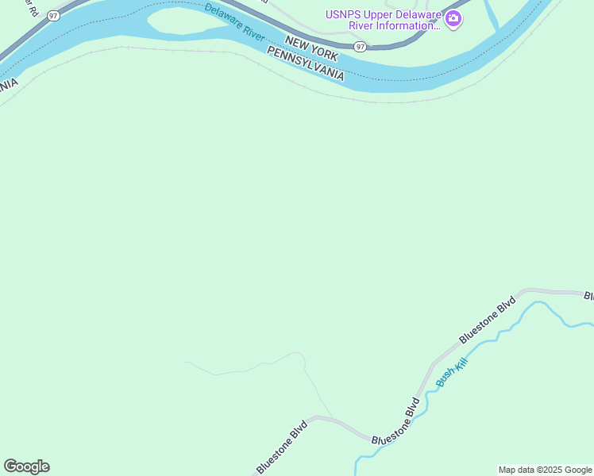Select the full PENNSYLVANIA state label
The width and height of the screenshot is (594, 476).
tap(306, 64)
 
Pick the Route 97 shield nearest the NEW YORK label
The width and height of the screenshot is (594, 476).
tap(361, 47)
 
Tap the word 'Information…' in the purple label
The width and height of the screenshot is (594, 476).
tap(402, 25)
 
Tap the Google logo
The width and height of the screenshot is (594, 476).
tap(26, 466)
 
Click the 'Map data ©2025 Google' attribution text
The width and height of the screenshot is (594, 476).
tap(545, 470)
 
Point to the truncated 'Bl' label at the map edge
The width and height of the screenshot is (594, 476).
tap(588, 297)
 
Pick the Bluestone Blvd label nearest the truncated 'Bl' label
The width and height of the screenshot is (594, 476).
tap(487, 320)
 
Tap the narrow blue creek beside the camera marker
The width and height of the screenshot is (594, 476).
tap(492, 17)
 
